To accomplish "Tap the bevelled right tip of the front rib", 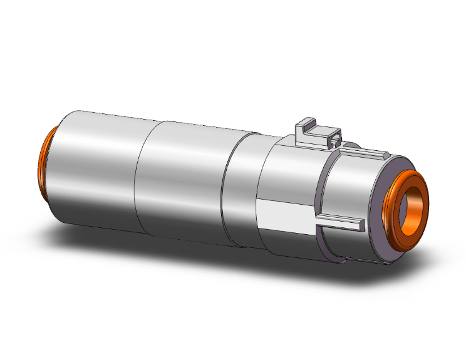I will (x=361, y=222).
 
